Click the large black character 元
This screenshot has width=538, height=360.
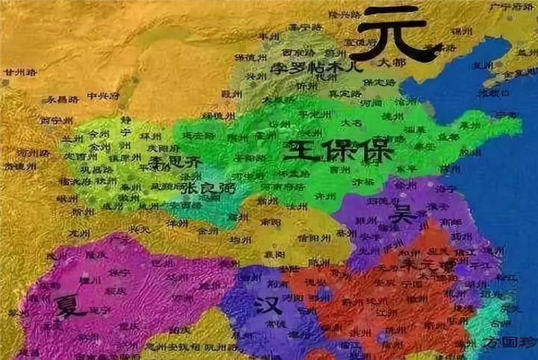point(395,34)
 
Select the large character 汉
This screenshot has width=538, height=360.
point(268,306)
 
